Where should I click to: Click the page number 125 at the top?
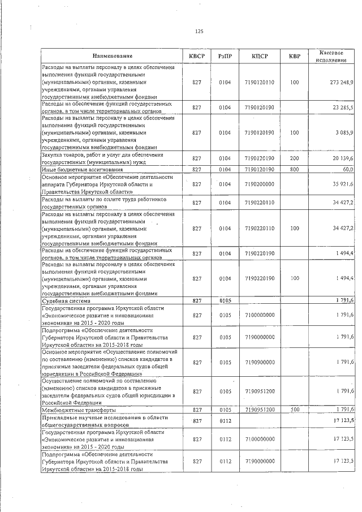(x=199, y=31)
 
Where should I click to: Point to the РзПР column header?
(x=225, y=56)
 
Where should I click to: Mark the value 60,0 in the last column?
(x=347, y=169)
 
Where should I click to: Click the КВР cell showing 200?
(x=294, y=158)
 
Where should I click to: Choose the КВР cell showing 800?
(x=294, y=169)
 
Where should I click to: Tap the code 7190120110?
(x=260, y=83)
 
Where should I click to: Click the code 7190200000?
(x=260, y=184)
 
